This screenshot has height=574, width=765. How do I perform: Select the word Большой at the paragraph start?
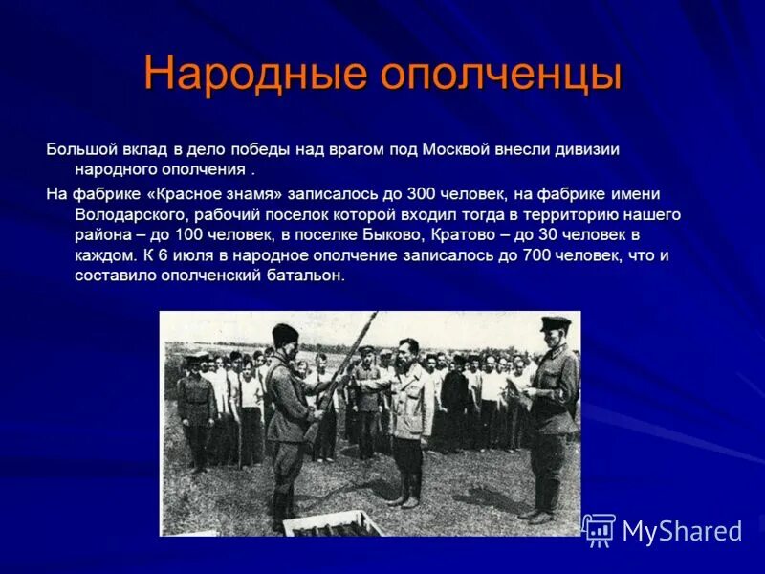81,149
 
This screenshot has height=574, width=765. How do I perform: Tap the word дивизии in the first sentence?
589,149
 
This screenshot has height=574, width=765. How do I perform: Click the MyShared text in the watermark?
682,531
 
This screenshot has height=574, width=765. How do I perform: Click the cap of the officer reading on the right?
555,324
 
